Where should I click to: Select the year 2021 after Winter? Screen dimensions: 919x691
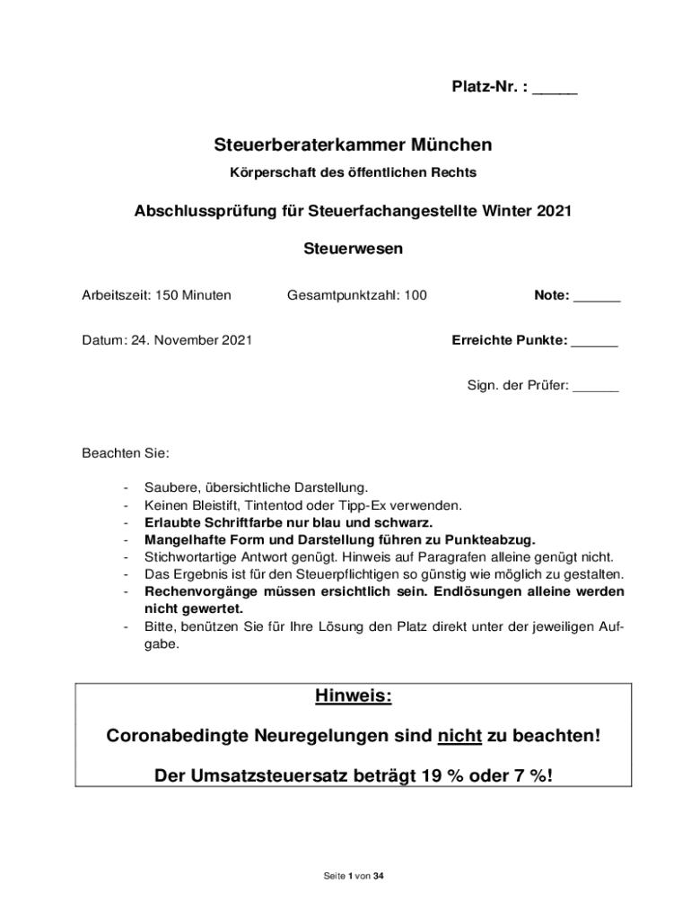554,212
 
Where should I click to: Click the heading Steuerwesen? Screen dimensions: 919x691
352,250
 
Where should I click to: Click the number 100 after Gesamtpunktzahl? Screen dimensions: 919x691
415,295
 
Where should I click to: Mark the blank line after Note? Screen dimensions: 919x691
597,298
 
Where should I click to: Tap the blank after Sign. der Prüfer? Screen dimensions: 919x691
595,389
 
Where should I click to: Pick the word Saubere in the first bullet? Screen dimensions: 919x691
172,488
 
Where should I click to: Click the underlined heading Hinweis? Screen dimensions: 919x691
353,696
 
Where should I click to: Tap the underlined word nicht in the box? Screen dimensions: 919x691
460,737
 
